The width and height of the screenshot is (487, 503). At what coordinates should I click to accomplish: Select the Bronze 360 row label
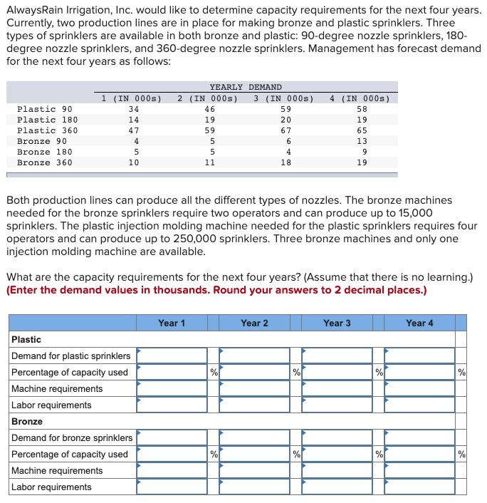point(44,162)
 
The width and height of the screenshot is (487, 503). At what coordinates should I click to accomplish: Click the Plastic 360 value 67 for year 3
point(286,130)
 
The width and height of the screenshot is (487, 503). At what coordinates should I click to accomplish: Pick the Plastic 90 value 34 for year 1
point(133,109)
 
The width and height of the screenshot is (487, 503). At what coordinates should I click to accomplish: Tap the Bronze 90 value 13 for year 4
point(362,141)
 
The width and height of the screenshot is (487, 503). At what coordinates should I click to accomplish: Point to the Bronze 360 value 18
point(286,162)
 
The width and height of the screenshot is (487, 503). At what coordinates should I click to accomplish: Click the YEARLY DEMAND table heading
point(246,87)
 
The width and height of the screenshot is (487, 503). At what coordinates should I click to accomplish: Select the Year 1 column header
point(172,323)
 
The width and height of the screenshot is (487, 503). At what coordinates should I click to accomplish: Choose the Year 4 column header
point(419,323)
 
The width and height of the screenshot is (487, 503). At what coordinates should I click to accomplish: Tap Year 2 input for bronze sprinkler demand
point(254,437)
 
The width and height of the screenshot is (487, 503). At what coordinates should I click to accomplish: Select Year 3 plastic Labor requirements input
point(337,405)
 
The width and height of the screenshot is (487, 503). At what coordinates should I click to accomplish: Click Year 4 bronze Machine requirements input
point(419,470)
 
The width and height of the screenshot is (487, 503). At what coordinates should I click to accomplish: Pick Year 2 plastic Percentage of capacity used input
point(254,372)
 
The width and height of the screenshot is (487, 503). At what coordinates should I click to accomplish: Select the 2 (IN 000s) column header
point(207,98)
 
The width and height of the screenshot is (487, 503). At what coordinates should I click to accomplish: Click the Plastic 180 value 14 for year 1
point(133,120)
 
